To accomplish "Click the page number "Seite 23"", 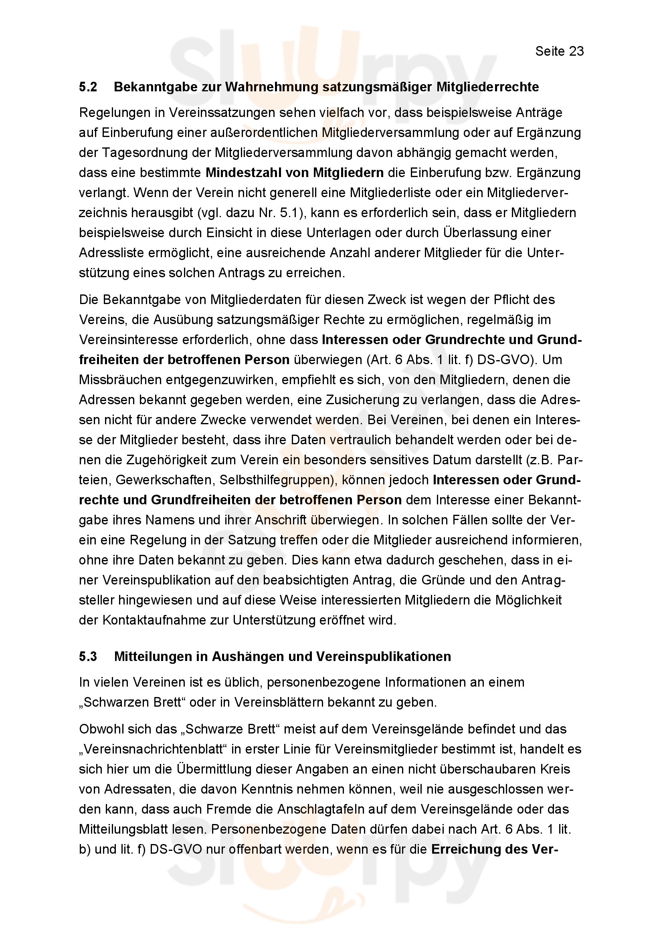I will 559,51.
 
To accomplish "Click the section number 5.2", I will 88,87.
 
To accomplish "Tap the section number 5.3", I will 88,656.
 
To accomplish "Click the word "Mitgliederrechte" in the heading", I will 487,87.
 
